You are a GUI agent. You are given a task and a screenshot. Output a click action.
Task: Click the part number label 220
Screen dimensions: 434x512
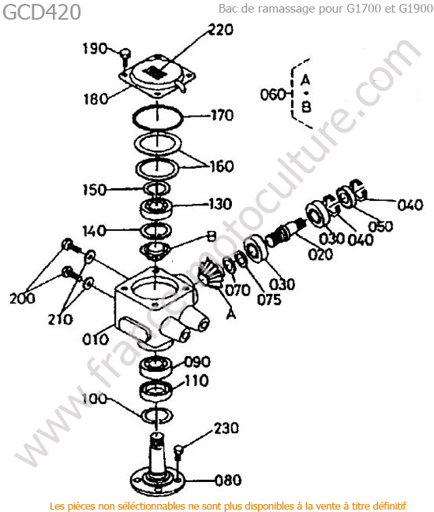pyautogui.click(x=221, y=30)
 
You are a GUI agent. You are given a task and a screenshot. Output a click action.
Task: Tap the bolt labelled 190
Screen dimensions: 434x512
pyautogui.click(x=125, y=58)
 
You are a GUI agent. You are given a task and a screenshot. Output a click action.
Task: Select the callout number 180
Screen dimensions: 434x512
pyautogui.click(x=95, y=98)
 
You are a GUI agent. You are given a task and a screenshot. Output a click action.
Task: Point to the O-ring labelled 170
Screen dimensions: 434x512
pyautogui.click(x=157, y=117)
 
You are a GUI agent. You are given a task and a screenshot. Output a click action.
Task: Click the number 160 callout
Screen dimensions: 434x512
pyautogui.click(x=222, y=166)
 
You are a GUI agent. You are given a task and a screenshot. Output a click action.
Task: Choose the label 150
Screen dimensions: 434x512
pyautogui.click(x=95, y=190)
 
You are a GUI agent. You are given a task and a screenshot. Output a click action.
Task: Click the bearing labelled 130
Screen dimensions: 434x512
pyautogui.click(x=156, y=208)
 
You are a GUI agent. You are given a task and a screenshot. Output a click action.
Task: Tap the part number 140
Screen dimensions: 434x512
pyautogui.click(x=94, y=231)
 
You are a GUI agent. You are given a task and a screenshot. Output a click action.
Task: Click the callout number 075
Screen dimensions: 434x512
pyautogui.click(x=269, y=299)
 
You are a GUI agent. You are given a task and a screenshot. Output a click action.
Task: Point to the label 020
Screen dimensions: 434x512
pyautogui.click(x=320, y=254)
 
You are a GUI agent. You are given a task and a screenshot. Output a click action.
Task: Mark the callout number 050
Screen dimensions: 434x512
pyautogui.click(x=380, y=226)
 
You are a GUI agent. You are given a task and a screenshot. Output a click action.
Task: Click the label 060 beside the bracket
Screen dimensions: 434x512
pyautogui.click(x=273, y=95)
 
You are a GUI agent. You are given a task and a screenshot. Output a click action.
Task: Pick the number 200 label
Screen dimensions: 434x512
pyautogui.click(x=22, y=299)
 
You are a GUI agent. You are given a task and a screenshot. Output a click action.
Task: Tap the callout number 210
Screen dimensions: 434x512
pyautogui.click(x=61, y=319)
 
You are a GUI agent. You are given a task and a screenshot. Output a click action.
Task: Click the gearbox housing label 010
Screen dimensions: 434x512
pyautogui.click(x=95, y=339)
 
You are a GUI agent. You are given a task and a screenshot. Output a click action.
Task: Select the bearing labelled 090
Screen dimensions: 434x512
pyautogui.click(x=156, y=366)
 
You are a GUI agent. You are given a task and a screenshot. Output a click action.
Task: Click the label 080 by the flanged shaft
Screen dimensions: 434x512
pyautogui.click(x=228, y=480)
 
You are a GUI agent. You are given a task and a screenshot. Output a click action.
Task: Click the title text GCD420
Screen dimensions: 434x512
pyautogui.click(x=42, y=13)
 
